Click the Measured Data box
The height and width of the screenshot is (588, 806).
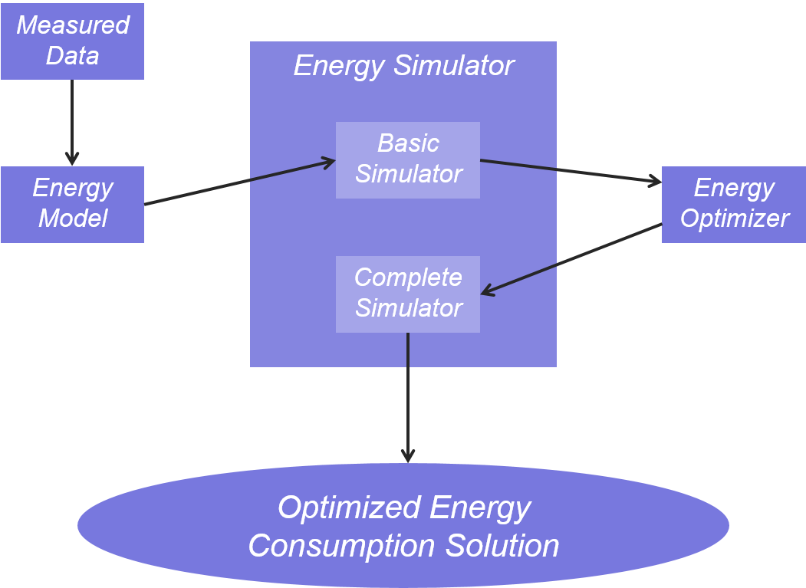click(x=72, y=41)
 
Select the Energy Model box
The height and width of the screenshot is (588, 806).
click(x=72, y=204)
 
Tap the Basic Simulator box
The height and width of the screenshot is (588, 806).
click(x=408, y=159)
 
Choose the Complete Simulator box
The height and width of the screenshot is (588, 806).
click(x=408, y=294)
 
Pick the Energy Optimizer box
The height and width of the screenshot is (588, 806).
click(x=733, y=204)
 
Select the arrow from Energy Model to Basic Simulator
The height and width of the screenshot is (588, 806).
click(x=239, y=182)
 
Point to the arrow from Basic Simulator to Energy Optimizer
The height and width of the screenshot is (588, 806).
click(x=571, y=172)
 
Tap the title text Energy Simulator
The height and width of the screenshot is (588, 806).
click(x=403, y=65)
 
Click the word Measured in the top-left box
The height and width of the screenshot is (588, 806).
click(x=73, y=25)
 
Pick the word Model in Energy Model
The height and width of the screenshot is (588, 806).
click(x=73, y=218)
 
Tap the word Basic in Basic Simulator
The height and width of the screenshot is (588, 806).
click(x=408, y=143)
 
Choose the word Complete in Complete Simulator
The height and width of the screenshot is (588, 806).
click(x=408, y=278)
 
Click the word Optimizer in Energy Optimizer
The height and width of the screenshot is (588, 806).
click(x=734, y=218)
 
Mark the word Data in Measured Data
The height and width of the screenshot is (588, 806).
click(x=72, y=56)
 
